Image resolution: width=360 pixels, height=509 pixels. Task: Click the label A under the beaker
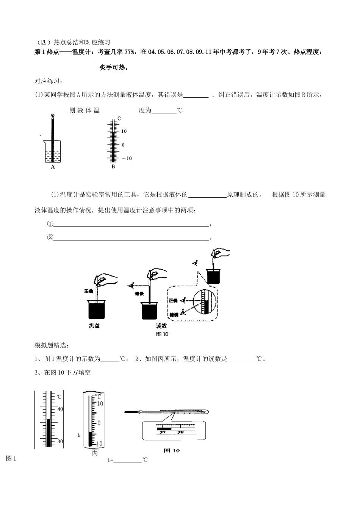(x=53, y=167)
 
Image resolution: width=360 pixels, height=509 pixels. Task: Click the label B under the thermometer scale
(x=113, y=167)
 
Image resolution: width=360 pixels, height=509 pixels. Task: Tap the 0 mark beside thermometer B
(x=123, y=145)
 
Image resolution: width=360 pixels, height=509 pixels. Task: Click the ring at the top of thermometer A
(x=52, y=116)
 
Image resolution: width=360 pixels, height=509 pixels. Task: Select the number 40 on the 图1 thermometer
(x=60, y=409)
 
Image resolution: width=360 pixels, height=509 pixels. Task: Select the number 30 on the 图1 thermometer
(x=60, y=442)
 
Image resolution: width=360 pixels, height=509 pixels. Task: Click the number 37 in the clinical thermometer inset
(x=163, y=432)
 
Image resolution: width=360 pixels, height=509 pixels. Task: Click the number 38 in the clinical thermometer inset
(x=180, y=432)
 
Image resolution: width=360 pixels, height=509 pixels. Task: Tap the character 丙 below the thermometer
(x=95, y=453)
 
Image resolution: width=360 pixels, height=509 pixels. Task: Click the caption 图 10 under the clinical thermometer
(x=171, y=450)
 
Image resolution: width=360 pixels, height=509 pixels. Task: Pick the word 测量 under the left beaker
(x=94, y=326)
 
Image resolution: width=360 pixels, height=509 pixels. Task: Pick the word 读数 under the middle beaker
(x=161, y=326)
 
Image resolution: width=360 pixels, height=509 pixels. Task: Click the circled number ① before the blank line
(x=50, y=224)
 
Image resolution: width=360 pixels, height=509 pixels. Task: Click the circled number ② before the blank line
(x=50, y=237)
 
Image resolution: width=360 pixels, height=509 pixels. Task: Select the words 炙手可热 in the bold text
(x=113, y=68)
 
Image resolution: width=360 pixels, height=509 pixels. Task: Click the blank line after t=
(x=128, y=460)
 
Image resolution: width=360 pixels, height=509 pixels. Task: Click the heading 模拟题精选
(x=50, y=345)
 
